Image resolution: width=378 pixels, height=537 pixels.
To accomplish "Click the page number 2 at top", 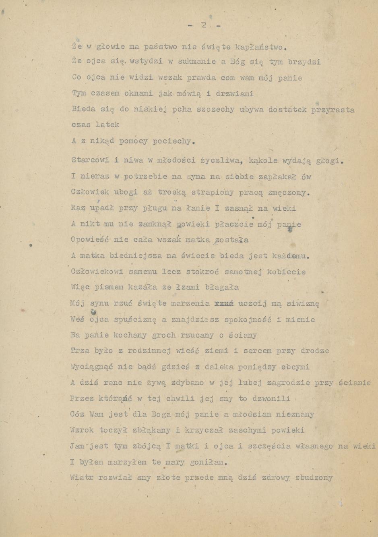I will coord(204,25).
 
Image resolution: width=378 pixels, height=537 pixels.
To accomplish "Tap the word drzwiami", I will coord(234,94).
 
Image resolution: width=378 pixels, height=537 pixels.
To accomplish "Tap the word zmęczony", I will coord(289,193).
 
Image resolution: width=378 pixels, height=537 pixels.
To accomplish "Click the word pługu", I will coord(153,208).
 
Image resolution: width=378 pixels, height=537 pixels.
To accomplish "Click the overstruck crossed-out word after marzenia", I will coord(225,304).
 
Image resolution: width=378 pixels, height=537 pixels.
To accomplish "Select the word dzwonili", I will coord(270,398).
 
